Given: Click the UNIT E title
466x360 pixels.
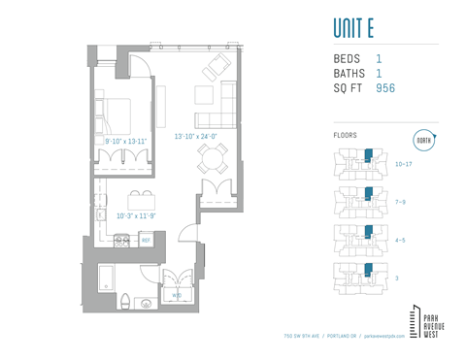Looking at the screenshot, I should [x=359, y=26].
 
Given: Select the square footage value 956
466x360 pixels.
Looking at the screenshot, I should [x=384, y=88].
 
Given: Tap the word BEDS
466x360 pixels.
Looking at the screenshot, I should [x=347, y=59].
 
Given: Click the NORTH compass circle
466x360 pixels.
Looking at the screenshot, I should [x=424, y=140].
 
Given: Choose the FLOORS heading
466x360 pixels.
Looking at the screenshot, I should [x=345, y=136].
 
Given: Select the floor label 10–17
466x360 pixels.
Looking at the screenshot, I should [x=404, y=165].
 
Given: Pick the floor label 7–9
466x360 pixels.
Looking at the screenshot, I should [x=400, y=202].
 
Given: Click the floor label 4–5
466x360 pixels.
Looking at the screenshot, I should [x=400, y=240].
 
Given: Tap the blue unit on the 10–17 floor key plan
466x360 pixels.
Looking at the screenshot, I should [x=368, y=155].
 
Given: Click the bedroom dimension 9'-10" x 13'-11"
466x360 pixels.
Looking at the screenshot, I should [x=126, y=142].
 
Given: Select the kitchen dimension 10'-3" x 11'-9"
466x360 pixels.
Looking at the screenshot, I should [x=136, y=216].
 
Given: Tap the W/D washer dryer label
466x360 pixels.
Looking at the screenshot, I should [x=176, y=294].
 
